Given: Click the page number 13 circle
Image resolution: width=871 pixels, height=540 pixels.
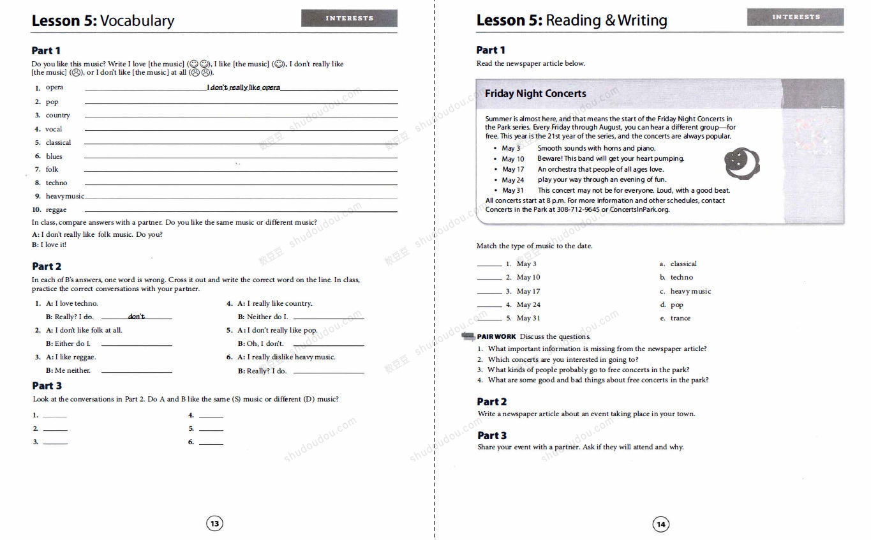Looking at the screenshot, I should (215, 524).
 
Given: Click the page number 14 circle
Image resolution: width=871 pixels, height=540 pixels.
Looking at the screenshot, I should (660, 525).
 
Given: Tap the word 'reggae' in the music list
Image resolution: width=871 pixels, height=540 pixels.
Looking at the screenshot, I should (56, 210).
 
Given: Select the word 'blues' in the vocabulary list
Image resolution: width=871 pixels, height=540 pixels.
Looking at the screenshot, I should (54, 156).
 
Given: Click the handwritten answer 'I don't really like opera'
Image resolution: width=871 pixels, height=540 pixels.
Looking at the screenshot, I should (243, 87).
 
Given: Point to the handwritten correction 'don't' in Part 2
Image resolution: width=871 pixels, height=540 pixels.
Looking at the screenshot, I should (137, 317).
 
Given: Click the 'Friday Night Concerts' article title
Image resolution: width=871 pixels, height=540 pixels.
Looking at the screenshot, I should (535, 94).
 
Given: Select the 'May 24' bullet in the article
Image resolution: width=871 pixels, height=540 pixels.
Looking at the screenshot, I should (512, 180).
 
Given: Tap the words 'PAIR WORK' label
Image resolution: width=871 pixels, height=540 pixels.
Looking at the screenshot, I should (496, 336).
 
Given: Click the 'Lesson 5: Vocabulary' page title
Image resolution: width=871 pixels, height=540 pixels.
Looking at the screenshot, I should (103, 20).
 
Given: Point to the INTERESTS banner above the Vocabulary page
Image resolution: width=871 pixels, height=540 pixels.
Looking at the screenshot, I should (349, 18).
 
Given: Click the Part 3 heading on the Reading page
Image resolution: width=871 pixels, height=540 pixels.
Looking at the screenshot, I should (492, 435).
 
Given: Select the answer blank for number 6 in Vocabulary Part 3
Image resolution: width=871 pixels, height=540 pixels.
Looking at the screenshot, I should (211, 443).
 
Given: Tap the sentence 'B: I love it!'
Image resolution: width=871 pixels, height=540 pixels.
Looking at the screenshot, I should (49, 244).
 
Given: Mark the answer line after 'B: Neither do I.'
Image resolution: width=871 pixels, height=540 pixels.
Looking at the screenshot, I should (329, 318).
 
